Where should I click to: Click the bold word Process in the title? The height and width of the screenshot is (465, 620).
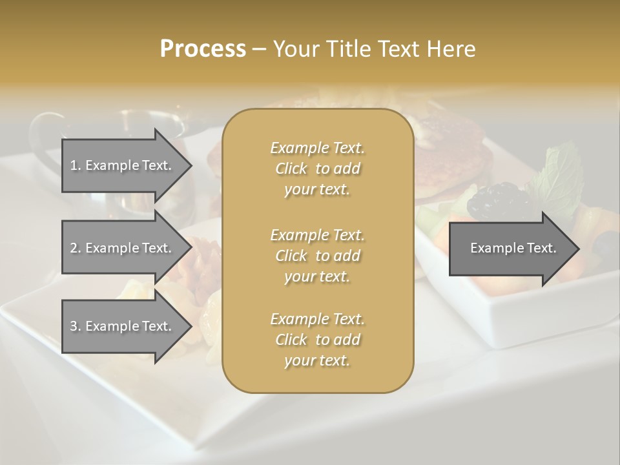tap(203, 49)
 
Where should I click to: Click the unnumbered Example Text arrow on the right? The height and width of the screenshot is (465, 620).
tap(510, 248)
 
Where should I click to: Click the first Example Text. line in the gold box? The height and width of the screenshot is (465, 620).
tap(317, 148)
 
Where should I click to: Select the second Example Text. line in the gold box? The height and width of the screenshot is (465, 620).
tap(317, 234)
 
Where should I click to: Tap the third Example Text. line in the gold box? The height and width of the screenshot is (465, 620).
tap(317, 319)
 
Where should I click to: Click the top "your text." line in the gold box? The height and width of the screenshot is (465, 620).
tap(317, 190)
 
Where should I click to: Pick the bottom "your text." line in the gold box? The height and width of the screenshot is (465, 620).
tap(317, 361)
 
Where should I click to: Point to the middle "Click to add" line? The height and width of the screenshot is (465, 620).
tap(317, 256)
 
